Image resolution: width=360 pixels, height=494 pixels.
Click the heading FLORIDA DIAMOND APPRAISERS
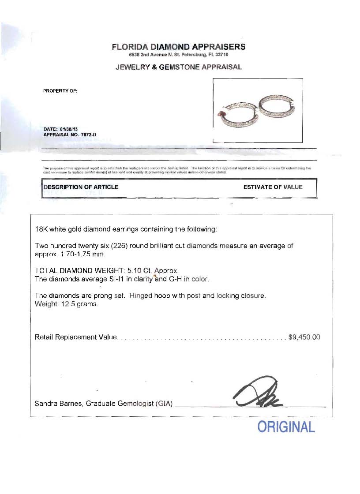click(179, 47)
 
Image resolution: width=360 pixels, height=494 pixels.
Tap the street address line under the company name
click(179, 55)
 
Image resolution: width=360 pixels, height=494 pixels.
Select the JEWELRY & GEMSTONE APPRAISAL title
click(179, 67)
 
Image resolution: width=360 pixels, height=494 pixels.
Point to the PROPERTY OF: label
click(60, 91)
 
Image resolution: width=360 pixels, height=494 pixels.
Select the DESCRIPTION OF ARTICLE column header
click(81, 187)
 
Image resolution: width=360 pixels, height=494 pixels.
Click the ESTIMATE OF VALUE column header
click(273, 187)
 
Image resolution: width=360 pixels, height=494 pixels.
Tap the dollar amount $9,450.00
click(304, 337)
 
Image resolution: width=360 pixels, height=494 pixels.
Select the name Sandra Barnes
click(59, 403)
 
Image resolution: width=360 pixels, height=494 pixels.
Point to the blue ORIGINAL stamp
click(286, 427)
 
